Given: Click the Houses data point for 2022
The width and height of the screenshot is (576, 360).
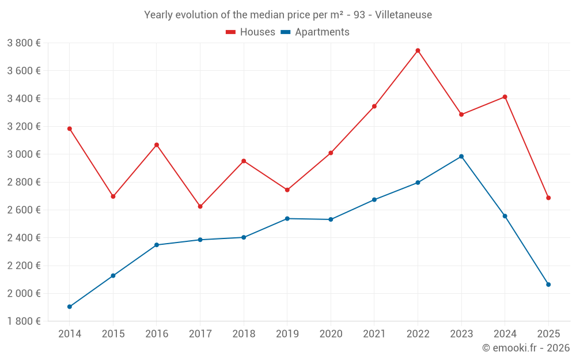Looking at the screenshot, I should click(x=418, y=51).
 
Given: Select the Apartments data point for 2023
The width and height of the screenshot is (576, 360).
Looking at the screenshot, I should click(x=461, y=157).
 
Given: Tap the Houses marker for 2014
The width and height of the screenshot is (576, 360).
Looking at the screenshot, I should click(x=70, y=128).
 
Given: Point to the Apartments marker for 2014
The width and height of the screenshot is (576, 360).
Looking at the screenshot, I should click(x=70, y=306).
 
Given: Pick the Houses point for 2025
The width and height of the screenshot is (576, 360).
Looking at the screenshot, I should click(x=548, y=198).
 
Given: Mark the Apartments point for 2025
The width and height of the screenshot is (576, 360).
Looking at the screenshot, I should click(x=548, y=285).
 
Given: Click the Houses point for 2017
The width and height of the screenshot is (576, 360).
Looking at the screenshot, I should click(x=200, y=206).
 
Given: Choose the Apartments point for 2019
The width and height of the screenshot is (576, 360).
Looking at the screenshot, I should click(x=287, y=218).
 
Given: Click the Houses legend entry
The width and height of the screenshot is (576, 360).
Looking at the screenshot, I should click(x=251, y=32).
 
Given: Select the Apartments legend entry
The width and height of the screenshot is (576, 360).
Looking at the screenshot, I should click(x=315, y=32).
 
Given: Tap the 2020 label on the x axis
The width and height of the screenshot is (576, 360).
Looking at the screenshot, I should click(x=331, y=334).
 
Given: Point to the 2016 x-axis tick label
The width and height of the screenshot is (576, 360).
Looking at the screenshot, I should click(x=157, y=334).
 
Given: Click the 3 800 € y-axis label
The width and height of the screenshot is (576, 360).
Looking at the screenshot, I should click(x=24, y=43).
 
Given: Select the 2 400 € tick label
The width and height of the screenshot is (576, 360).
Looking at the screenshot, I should click(x=24, y=238).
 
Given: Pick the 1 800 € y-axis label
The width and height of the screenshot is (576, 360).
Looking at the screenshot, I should click(x=24, y=321).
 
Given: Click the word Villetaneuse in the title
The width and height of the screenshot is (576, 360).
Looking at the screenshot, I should click(x=403, y=15).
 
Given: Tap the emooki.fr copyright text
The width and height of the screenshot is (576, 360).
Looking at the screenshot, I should click(x=526, y=348).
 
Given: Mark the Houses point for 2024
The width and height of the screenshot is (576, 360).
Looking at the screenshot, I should click(x=505, y=97).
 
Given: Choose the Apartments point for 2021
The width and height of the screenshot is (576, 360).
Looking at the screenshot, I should click(x=374, y=200).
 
